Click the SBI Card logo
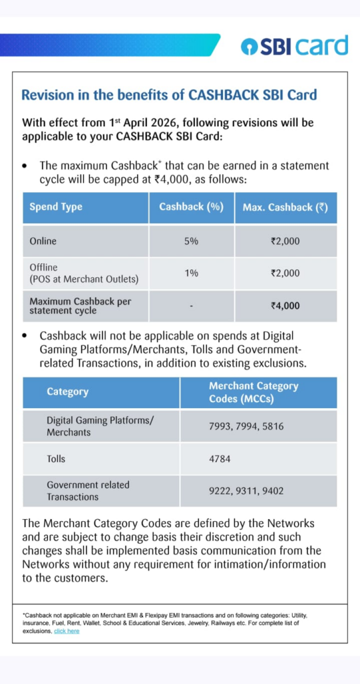(x=295, y=45)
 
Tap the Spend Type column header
(x=56, y=207)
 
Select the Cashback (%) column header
(x=191, y=207)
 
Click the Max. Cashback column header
(x=285, y=207)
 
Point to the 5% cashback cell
(x=191, y=241)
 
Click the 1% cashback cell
(x=191, y=273)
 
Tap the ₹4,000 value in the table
(x=285, y=306)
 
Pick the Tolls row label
(x=57, y=460)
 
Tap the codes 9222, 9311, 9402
(x=246, y=491)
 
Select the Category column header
(x=67, y=392)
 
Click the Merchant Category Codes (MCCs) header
(x=253, y=392)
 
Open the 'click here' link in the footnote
(x=66, y=631)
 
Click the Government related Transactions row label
(x=87, y=491)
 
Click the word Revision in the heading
(x=49, y=95)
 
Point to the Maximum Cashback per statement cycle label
(x=80, y=306)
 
